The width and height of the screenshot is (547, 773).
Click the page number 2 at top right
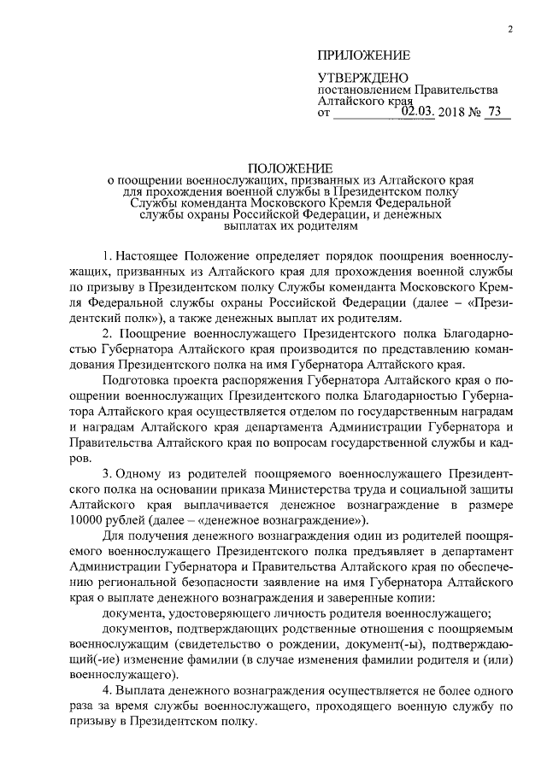509,31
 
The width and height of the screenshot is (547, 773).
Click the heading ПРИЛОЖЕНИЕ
364,56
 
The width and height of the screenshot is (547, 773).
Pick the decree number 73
495,110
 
